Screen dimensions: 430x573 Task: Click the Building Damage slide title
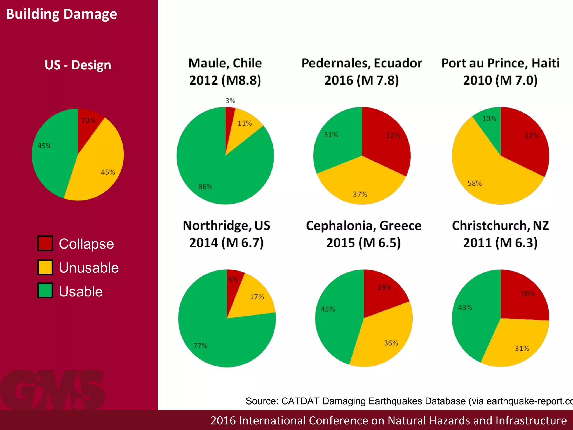(61, 14)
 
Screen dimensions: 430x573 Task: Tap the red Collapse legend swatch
(45, 243)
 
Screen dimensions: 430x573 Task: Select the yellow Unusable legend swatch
(45, 267)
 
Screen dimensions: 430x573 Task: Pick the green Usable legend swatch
(45, 291)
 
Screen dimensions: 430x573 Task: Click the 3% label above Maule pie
(230, 101)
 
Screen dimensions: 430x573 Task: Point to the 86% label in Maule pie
(205, 187)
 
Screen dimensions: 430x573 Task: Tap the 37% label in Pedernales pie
(360, 194)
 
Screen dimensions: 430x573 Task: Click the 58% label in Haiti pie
(475, 183)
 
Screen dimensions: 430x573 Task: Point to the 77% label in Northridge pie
(200, 346)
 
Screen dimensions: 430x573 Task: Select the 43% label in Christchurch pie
(465, 307)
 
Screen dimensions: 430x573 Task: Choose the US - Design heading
(78, 65)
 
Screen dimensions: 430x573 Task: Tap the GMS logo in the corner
(53, 389)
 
